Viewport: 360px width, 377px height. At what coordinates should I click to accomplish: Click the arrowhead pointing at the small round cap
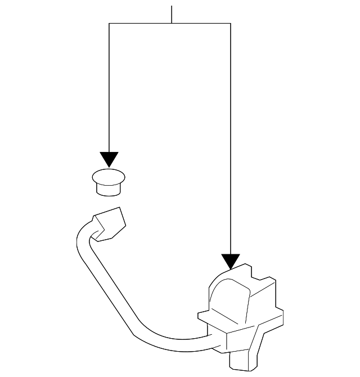click(109, 159)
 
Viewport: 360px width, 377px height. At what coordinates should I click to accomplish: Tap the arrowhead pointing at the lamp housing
click(231, 261)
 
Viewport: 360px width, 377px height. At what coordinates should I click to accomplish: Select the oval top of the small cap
click(109, 177)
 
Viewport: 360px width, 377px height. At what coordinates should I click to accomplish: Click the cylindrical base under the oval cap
click(109, 189)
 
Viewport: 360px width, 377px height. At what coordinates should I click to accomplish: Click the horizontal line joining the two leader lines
click(141, 23)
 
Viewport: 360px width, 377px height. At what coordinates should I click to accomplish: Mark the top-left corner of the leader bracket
click(109, 23)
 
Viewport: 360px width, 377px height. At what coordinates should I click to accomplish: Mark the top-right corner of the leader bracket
click(231, 23)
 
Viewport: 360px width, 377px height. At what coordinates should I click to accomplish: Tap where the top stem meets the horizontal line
click(172, 23)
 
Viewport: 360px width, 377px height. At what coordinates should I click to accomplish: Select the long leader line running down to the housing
click(231, 141)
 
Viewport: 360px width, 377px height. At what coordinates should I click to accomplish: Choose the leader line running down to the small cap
click(109, 90)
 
